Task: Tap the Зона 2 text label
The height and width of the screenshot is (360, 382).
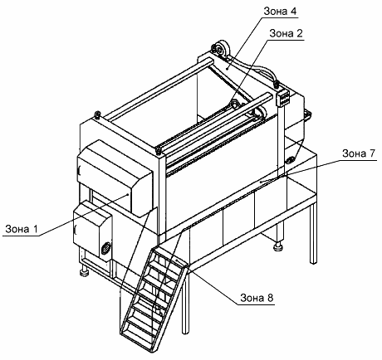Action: [286, 33]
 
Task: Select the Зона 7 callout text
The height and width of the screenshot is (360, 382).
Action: [359, 153]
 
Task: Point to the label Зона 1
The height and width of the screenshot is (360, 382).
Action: [21, 229]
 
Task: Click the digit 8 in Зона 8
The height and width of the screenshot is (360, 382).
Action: [270, 298]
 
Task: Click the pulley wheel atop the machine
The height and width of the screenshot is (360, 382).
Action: [222, 49]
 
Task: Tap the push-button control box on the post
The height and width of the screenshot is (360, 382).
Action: [283, 98]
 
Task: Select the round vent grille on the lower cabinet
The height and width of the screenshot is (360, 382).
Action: [105, 248]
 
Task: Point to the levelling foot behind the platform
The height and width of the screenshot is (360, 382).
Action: [277, 246]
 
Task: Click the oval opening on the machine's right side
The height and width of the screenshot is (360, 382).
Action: [291, 160]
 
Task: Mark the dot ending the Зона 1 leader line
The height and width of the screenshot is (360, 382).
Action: [128, 194]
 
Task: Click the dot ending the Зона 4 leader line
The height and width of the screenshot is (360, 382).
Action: [227, 68]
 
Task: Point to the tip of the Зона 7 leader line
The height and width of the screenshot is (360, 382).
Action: [261, 182]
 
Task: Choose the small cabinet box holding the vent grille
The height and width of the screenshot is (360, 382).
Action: [93, 231]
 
